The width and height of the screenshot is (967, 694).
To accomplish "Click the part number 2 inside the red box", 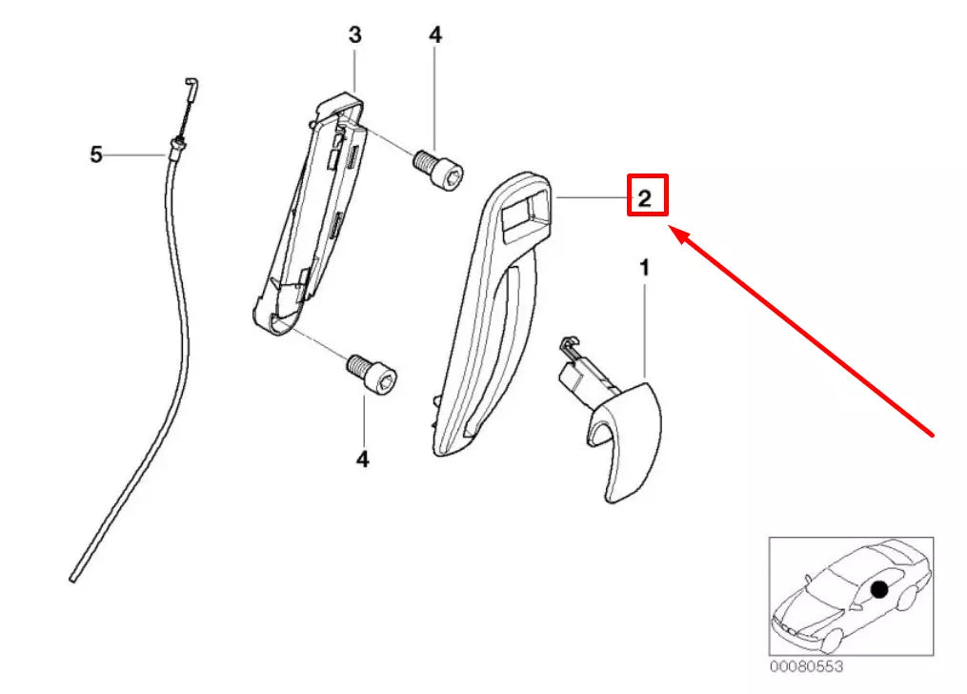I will [645, 198].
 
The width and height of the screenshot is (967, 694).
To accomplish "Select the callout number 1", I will [644, 270].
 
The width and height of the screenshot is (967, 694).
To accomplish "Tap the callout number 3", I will [354, 36].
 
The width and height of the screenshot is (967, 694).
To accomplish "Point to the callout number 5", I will [95, 154].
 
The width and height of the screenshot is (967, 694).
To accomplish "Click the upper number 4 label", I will [434, 36].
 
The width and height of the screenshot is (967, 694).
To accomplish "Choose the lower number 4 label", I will [362, 460].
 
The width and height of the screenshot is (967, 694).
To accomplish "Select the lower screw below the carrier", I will [372, 374].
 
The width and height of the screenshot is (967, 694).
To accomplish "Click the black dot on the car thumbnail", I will [878, 591].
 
